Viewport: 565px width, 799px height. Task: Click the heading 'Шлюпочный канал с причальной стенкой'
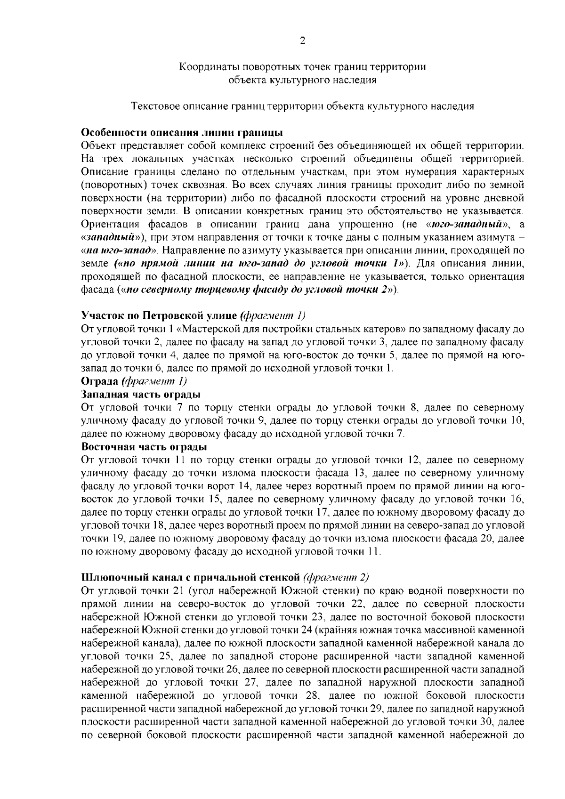pos(191,577)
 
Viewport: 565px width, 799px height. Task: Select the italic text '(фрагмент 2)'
pos(336,577)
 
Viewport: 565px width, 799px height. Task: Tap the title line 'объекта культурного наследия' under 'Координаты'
pos(302,80)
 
